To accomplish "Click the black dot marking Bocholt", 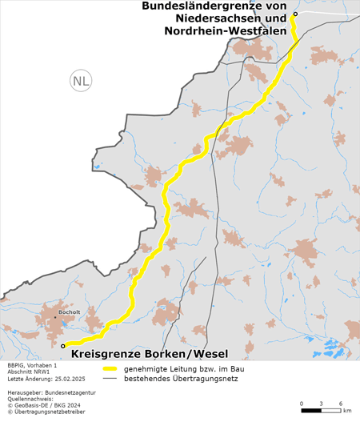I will click(x=55, y=316).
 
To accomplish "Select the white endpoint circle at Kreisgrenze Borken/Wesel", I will click(x=63, y=346).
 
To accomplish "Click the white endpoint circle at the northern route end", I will click(x=295, y=14).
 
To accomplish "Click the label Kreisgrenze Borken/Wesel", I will click(x=150, y=354).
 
